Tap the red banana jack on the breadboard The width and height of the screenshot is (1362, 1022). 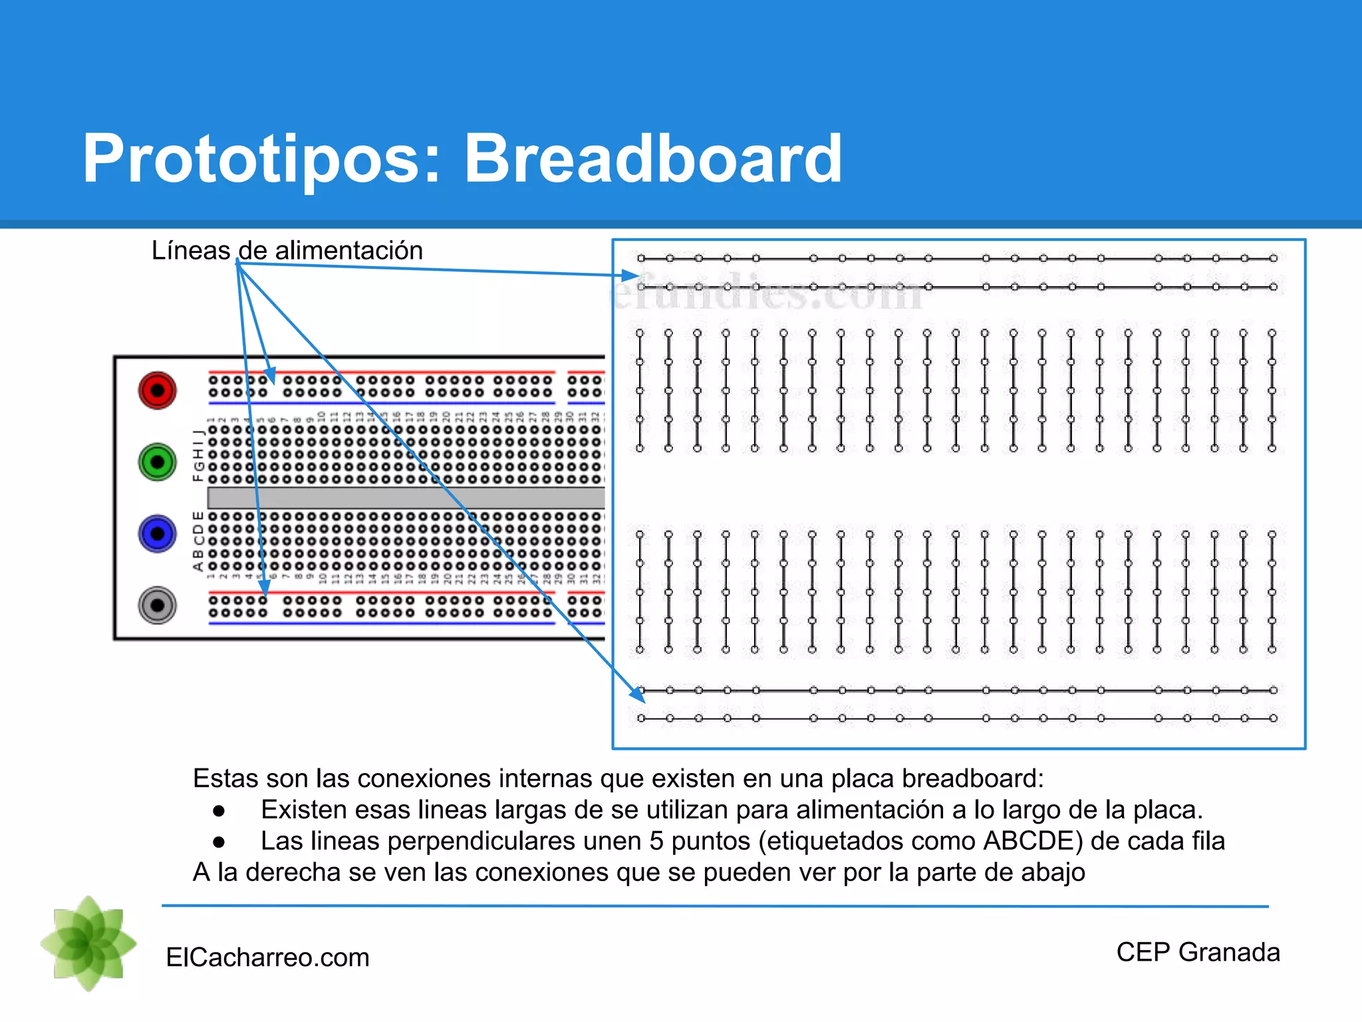[157, 391]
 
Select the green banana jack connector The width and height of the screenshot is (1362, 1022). [157, 462]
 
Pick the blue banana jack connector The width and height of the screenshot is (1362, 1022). [157, 534]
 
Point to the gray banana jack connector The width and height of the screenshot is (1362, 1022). [157, 605]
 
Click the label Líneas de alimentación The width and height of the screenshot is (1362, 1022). [287, 251]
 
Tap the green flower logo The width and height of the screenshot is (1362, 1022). [88, 943]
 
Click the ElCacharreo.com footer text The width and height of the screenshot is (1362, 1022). [267, 957]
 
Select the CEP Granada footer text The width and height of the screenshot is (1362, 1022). [1198, 952]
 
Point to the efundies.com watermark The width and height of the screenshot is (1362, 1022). [765, 293]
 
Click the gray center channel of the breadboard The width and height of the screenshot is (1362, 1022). [406, 498]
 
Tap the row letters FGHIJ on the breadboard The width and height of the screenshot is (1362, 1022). [198, 455]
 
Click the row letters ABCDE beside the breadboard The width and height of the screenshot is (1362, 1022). [198, 540]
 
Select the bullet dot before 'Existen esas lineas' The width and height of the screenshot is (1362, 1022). [219, 810]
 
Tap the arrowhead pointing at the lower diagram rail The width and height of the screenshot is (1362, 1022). [638, 695]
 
